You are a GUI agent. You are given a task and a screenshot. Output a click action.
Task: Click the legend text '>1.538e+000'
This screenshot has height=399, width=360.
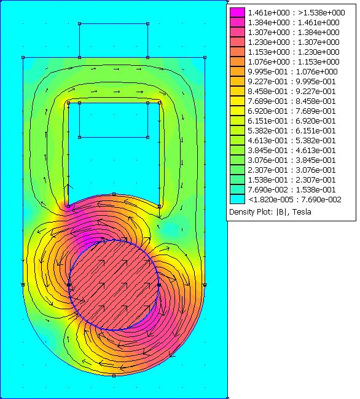click(321, 12)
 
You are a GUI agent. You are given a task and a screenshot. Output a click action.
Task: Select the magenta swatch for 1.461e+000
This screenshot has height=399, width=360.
click(238, 12)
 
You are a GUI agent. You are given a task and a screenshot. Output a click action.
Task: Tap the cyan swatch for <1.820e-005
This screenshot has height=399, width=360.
click(238, 199)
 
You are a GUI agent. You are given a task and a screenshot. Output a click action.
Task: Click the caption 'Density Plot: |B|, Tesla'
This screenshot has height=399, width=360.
click(270, 211)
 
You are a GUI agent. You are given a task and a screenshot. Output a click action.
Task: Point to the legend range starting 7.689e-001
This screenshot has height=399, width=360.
click(292, 101)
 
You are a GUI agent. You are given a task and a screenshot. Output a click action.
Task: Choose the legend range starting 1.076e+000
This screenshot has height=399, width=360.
click(294, 61)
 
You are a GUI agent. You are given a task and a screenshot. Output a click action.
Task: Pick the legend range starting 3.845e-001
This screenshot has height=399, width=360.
click(292, 150)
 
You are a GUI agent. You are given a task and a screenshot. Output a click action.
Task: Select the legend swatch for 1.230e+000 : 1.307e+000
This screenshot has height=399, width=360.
click(238, 42)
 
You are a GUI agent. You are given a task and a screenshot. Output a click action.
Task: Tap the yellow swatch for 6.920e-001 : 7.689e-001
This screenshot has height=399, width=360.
click(238, 111)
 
